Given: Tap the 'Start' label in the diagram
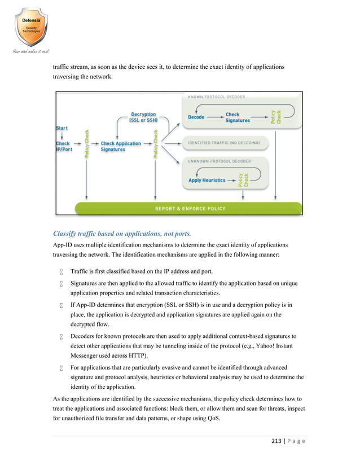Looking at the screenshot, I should point(62,128).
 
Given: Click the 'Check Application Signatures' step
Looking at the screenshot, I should point(121,146).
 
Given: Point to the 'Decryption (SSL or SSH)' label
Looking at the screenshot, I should point(143,117).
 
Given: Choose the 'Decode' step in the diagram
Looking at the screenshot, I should point(196,117).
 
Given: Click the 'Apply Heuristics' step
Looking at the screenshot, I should point(206,181).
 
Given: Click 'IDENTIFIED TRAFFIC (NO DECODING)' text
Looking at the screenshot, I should point(223,143).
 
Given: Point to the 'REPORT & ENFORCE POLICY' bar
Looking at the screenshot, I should point(190,209).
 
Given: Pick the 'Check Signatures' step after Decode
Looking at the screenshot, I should point(237,117).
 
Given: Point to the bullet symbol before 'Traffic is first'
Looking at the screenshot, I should point(60,272).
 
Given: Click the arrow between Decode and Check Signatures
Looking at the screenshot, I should point(216,117).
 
